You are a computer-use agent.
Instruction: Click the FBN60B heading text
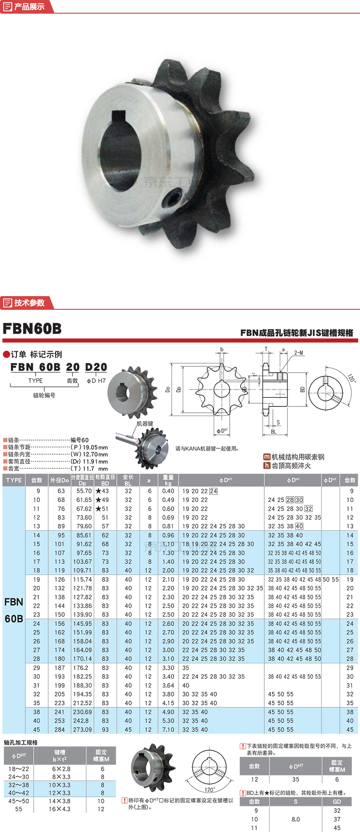[32, 329]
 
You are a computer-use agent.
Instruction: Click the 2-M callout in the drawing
[298, 353]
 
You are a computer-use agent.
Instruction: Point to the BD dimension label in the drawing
[302, 390]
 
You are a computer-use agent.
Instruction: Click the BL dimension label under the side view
[273, 432]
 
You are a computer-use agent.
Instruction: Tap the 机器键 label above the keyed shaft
[145, 424]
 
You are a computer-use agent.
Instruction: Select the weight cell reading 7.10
[168, 729]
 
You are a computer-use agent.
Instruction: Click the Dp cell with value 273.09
[82, 729]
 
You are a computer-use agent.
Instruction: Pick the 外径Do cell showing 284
[60, 729]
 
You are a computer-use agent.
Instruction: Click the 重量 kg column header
[168, 480]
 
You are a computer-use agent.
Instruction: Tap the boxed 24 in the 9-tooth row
[213, 491]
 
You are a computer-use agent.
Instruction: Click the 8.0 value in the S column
[296, 819]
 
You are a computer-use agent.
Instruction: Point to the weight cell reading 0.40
[168, 491]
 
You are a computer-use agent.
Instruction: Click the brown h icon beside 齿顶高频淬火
[267, 466]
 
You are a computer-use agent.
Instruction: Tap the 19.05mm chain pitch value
[96, 447]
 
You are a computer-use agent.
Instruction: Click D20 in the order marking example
[96, 367]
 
